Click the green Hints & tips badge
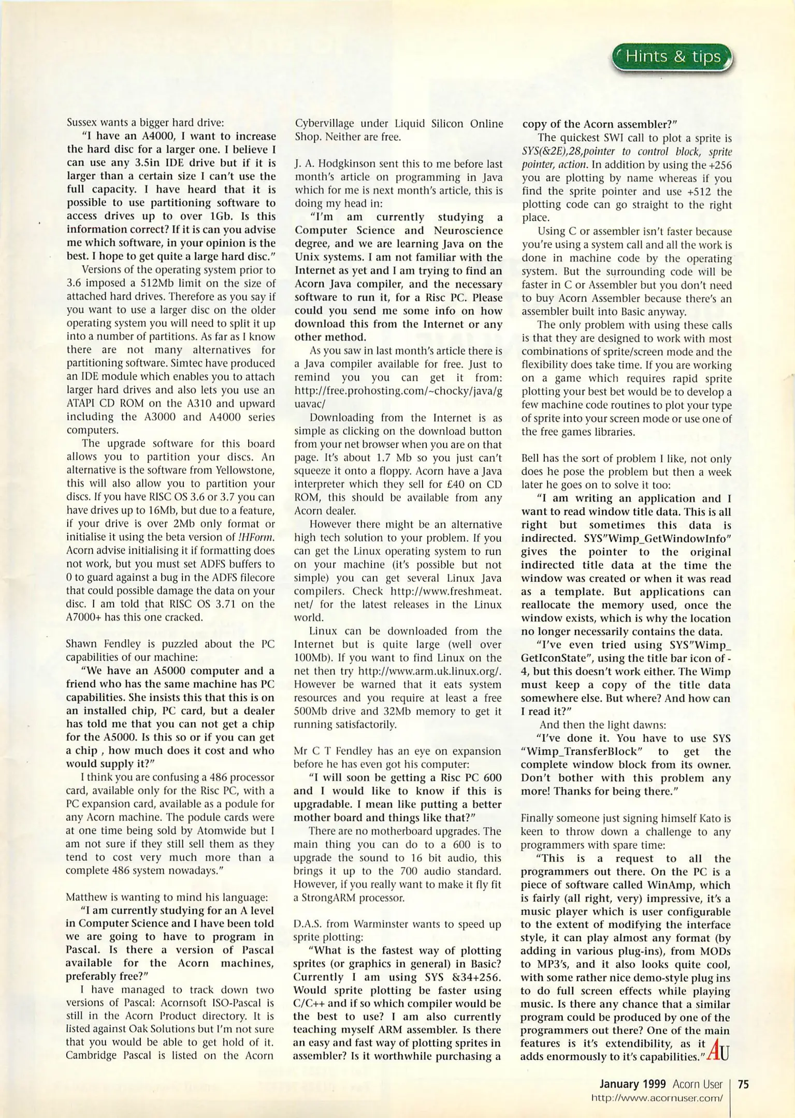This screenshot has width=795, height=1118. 673,57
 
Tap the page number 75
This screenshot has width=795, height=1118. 743,1084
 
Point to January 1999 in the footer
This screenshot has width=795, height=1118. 633,1084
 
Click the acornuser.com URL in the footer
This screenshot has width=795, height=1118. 656,1098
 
